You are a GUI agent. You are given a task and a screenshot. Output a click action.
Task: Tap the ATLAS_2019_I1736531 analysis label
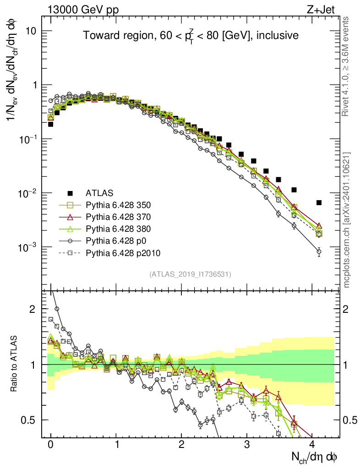pyautogui.click(x=190, y=274)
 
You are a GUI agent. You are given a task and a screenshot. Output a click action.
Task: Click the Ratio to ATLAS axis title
pyautogui.click(x=15, y=365)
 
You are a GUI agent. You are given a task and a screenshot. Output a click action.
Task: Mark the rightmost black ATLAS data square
pyautogui.click(x=319, y=202)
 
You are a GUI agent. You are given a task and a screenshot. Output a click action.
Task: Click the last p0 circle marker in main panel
pyautogui.click(x=319, y=251)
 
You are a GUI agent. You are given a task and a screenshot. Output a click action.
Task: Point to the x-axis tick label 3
pyautogui.click(x=247, y=444)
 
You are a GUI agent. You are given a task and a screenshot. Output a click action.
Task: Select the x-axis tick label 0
pyautogui.click(x=50, y=444)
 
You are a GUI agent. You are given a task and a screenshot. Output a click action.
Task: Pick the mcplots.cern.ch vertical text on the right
pyautogui.click(x=347, y=219)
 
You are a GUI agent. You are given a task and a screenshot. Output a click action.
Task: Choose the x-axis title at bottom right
pyautogui.click(x=316, y=457)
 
